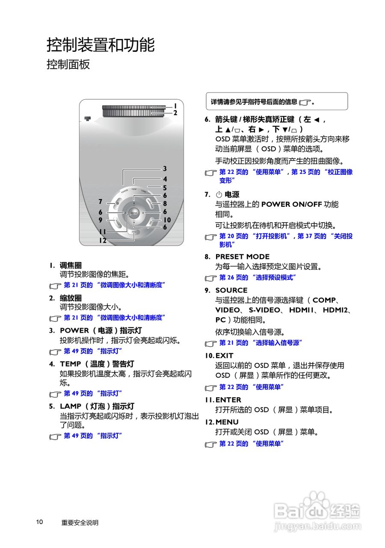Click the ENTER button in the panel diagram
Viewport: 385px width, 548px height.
[134, 212]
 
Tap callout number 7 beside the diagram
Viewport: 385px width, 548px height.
[100, 202]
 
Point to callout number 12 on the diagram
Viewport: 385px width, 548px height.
[103, 241]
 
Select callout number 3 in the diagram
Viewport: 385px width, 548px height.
[165, 169]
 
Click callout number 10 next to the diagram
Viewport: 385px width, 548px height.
[167, 220]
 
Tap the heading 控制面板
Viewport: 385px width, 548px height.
[68, 65]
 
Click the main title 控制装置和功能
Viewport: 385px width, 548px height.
[101, 45]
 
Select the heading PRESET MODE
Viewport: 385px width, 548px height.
[242, 256]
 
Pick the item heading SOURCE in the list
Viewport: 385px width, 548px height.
[231, 290]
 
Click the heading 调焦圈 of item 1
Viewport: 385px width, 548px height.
[71, 265]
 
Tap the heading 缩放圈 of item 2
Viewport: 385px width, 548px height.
[71, 298]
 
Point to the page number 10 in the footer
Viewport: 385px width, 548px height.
[39, 522]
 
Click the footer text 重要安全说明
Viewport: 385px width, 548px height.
[80, 522]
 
